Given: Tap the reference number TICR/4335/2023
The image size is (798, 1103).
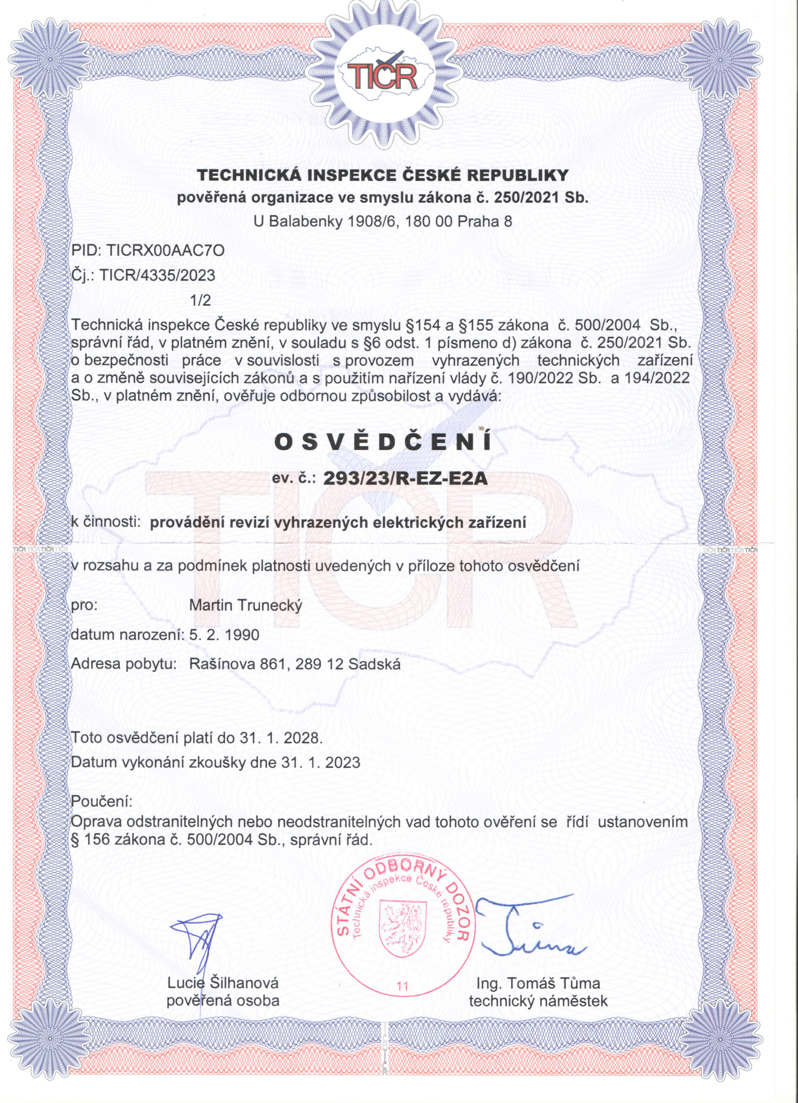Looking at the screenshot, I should click(156, 276).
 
